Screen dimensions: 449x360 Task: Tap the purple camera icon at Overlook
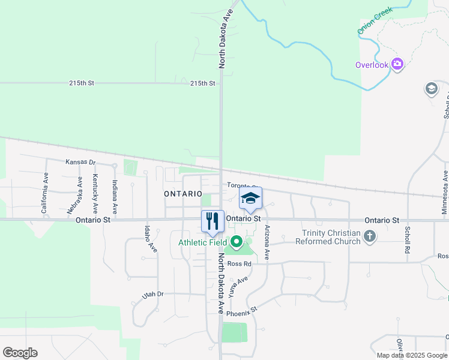(x=397, y=64)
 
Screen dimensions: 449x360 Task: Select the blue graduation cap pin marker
(x=251, y=199)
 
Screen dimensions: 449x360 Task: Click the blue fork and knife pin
(x=212, y=222)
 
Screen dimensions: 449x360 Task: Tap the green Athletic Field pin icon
(x=237, y=242)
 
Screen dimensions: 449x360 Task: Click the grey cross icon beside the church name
(x=370, y=237)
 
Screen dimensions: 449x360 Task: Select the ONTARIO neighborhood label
(x=182, y=194)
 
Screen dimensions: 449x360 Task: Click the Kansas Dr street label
(x=80, y=163)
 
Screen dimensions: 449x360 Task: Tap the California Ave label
(x=45, y=193)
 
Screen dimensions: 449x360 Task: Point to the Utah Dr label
(x=152, y=294)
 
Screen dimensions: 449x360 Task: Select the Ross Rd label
(x=238, y=263)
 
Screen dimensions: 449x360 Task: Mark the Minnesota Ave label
(x=445, y=193)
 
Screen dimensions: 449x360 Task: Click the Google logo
(x=20, y=353)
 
